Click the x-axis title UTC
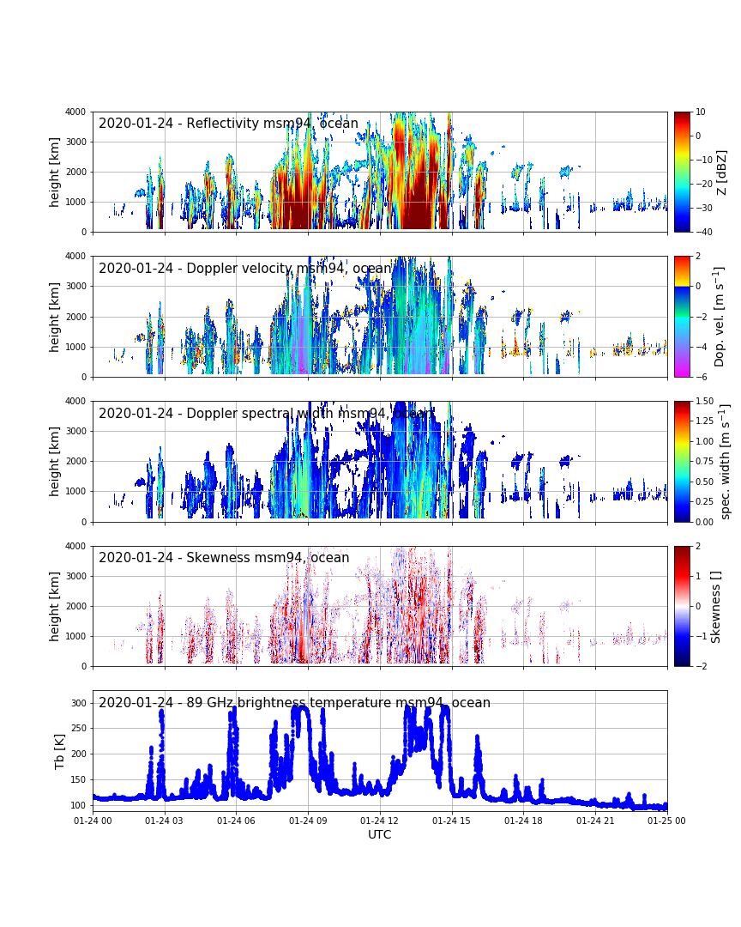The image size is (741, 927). [x=379, y=834]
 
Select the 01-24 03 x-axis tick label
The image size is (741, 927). [x=164, y=821]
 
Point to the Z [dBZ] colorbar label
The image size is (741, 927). [x=722, y=172]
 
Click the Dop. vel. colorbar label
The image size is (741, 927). [x=720, y=316]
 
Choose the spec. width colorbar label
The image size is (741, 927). [x=726, y=461]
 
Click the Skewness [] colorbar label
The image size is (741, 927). [x=717, y=606]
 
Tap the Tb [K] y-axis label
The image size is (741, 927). [x=59, y=750]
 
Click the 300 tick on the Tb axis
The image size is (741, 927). [x=79, y=703]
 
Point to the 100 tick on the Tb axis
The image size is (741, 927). [x=79, y=805]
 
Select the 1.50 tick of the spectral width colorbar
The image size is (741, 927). [x=706, y=401]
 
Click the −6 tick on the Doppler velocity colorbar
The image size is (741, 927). [x=700, y=377]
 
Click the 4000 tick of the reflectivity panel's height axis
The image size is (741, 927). [x=74, y=112]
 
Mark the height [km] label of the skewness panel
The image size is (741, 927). [x=55, y=606]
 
